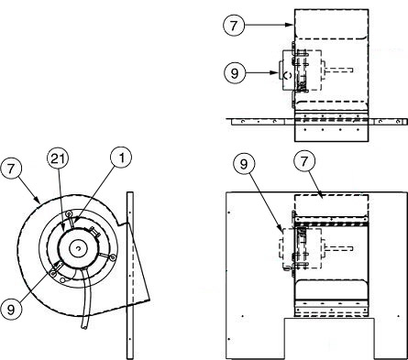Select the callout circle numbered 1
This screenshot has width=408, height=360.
(121, 158)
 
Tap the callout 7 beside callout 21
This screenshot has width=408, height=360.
(11, 169)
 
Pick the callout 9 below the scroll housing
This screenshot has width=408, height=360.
(11, 310)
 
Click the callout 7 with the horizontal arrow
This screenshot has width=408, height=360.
(234, 25)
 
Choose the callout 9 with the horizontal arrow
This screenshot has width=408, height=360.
(235, 73)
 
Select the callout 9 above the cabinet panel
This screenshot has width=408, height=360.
(244, 164)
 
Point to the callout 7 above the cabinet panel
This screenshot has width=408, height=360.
(303, 161)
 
